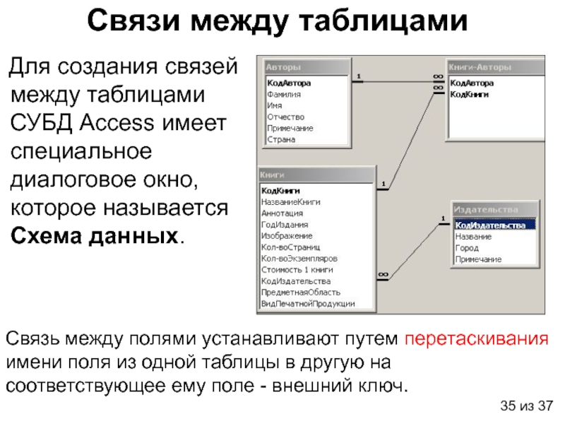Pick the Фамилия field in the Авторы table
pyautogui.click(x=284, y=94)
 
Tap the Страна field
pyautogui.click(x=281, y=139)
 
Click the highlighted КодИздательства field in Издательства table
pyautogui.click(x=494, y=225)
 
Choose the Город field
pyautogui.click(x=466, y=248)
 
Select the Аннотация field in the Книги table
pyautogui.click(x=282, y=213)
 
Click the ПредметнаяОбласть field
pyautogui.click(x=300, y=292)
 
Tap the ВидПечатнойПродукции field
pyautogui.click(x=307, y=303)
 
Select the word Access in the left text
pyautogui.click(x=121, y=122)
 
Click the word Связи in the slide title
pyautogui.click(x=130, y=21)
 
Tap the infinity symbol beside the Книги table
pyautogui.click(x=383, y=274)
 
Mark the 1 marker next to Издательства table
pyautogui.click(x=443, y=218)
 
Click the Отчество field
pyautogui.click(x=285, y=117)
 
